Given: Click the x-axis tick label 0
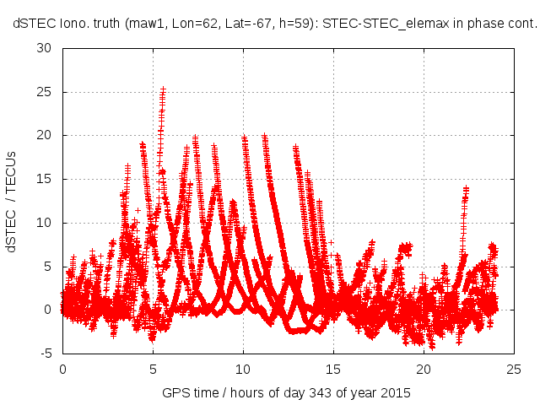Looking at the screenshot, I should pos(62,370).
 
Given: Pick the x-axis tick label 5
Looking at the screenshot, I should pos(153,370).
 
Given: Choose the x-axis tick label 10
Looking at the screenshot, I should pos(243,370).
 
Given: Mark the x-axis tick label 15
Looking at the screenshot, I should pos(333,370).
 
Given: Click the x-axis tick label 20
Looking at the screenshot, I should pos(424,370).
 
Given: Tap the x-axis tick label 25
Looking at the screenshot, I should pos(514,370).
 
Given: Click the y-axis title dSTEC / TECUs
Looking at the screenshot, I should pos(12,201).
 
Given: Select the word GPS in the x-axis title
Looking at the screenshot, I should pos(175,394).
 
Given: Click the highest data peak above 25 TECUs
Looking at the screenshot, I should pos(163,89).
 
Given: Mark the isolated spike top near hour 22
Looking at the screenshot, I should pos(466,189).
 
